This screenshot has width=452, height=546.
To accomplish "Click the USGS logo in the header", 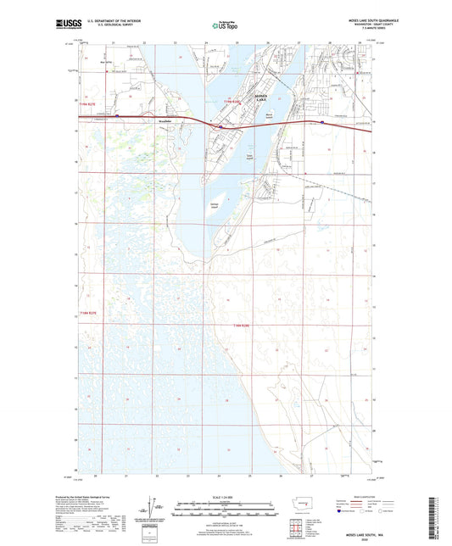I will pos(69,25).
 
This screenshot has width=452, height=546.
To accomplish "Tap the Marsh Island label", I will pos(269,114).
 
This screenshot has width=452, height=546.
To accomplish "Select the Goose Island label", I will pos(250,155).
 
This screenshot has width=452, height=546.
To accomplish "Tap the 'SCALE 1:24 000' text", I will pos(226,496).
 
